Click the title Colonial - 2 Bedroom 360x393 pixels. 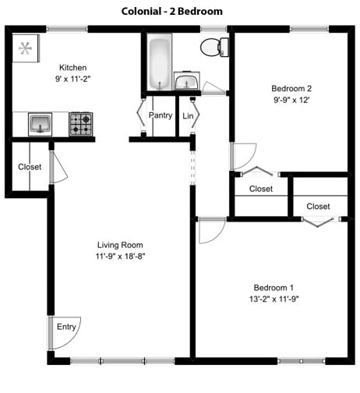(x=172, y=11)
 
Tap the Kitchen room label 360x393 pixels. (x=73, y=68)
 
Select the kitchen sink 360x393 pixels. (x=41, y=123)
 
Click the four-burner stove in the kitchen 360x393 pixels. (x=80, y=124)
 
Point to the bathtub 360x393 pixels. (x=161, y=62)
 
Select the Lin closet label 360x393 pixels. (x=188, y=116)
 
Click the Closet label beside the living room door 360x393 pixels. (x=30, y=166)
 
